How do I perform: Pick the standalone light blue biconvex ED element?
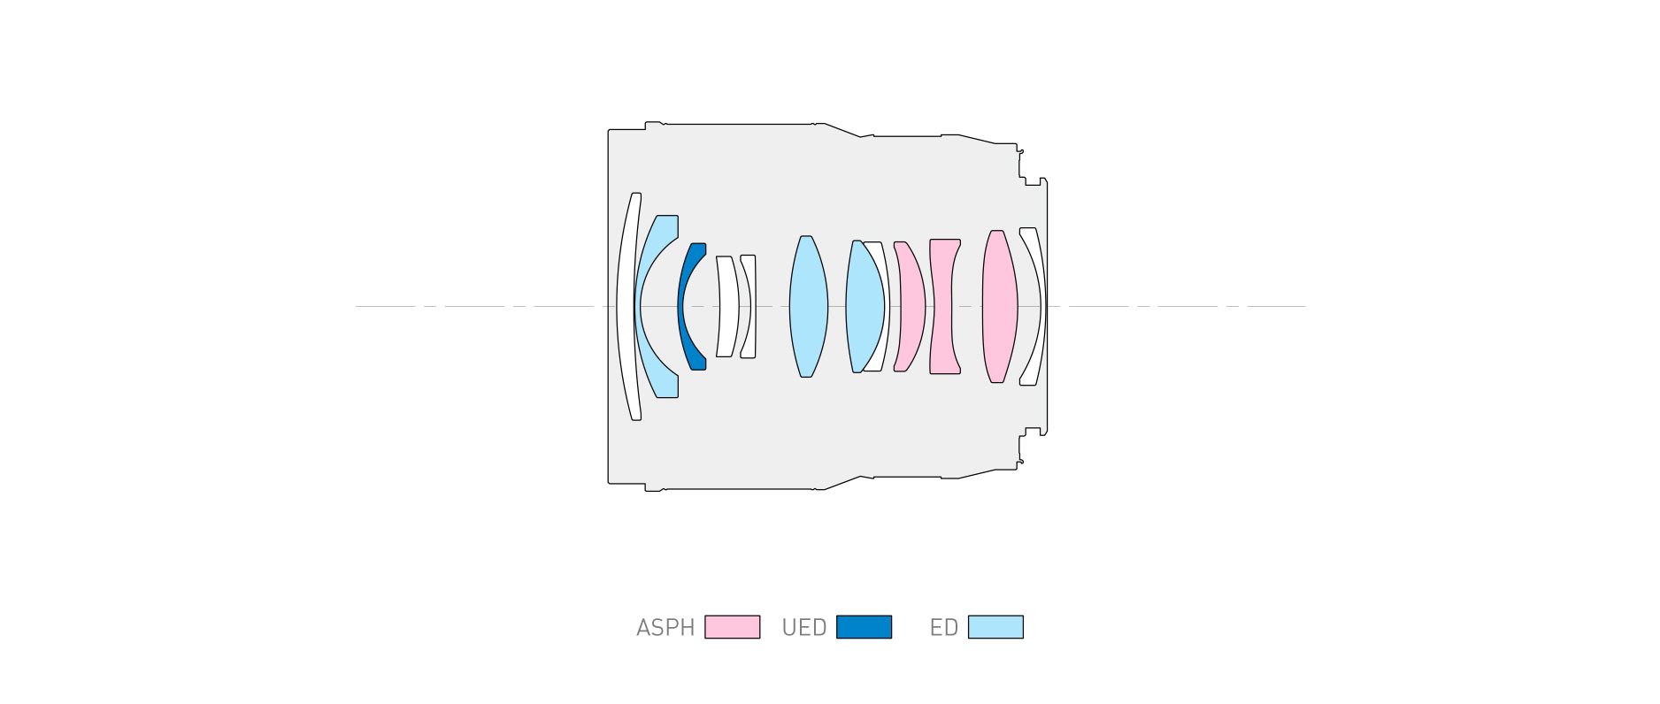tap(808, 306)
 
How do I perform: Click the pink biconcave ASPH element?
tap(944, 306)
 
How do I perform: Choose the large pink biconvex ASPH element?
tap(1000, 306)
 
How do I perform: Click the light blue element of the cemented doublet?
tap(865, 306)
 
